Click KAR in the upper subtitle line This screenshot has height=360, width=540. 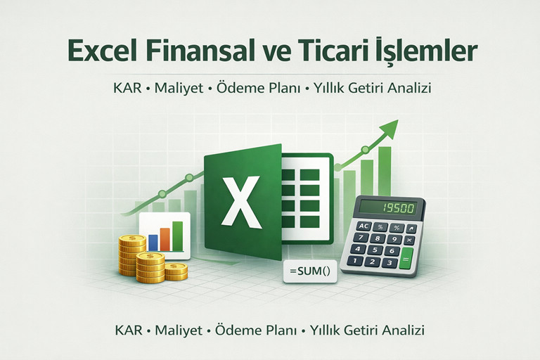129,91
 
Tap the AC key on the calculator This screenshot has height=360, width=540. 364,226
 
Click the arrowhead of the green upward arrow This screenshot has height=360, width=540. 388,128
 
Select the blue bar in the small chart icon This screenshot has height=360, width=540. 153,241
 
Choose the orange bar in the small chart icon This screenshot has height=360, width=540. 165,238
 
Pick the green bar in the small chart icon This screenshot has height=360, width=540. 177,235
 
